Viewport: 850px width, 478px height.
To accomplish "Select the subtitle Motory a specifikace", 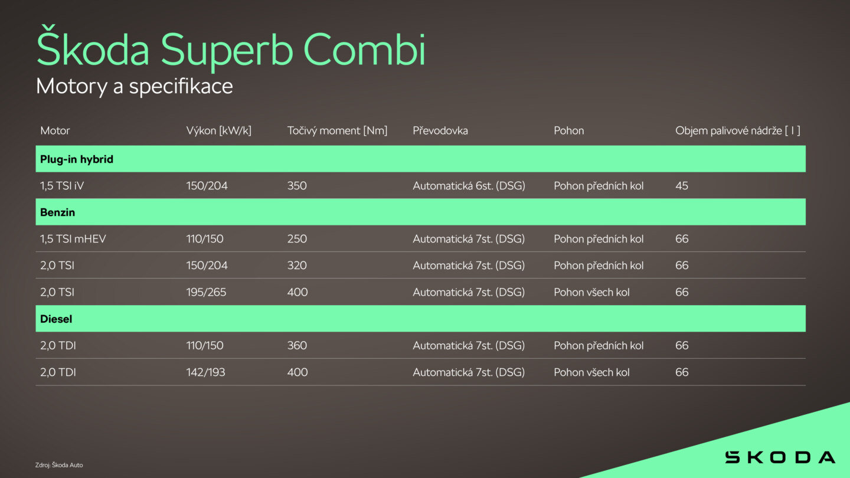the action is point(135,87).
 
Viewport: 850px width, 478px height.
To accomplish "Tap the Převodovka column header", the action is point(440,130).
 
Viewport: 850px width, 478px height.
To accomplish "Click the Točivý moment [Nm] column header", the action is point(338,130).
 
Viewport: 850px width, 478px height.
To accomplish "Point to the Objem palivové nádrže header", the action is point(738,130).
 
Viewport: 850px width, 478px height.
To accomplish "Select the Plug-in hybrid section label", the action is point(77,159).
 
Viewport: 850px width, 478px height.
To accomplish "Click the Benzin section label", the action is point(58,212).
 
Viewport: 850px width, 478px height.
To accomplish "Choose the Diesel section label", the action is point(56,319).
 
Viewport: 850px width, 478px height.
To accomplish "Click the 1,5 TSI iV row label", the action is point(62,185).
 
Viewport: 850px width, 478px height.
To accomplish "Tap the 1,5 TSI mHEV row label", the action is point(73,238).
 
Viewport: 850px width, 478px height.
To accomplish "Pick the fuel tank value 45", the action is point(682,185).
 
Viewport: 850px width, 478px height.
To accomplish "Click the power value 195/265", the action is point(206,292).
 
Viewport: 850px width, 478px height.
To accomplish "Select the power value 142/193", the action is point(205,372).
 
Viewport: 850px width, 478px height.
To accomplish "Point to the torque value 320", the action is point(297,265).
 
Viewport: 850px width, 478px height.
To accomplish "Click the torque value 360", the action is point(297,345).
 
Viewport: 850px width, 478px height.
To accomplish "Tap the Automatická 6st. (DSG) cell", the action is point(469,185).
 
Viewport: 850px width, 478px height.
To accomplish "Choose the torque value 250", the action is point(297,238).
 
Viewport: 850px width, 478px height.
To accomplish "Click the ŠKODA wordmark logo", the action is point(780,457).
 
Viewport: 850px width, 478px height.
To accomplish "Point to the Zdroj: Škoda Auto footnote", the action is point(59,465).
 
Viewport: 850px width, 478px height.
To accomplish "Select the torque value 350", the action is point(297,185).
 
